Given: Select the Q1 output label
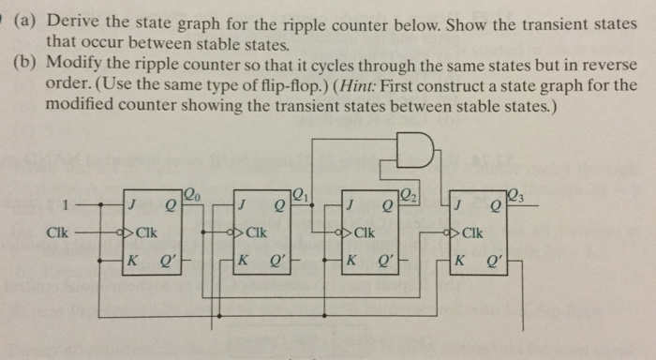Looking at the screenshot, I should click(297, 195).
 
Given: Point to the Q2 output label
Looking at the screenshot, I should click(407, 195).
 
